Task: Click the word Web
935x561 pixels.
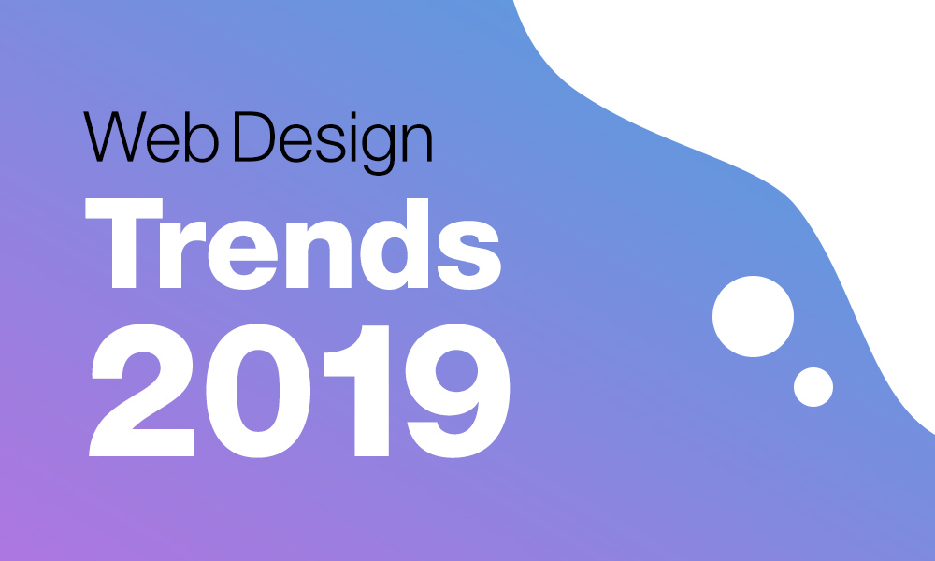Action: (151, 137)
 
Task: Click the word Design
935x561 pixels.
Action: (333, 143)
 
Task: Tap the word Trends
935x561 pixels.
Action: (293, 244)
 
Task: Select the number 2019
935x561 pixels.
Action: (299, 391)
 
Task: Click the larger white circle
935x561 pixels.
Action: (753, 317)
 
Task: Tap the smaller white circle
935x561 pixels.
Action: (813, 387)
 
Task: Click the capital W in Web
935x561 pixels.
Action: (114, 137)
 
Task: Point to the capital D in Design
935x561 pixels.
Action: (254, 137)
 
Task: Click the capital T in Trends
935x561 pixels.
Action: (124, 243)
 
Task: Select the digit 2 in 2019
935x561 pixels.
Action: (141, 391)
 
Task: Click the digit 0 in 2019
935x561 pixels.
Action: (258, 391)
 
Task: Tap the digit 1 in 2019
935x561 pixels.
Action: (356, 391)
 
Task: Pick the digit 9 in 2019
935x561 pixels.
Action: (457, 391)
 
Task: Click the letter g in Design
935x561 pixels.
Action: (378, 150)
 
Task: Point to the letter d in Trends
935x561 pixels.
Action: (395, 244)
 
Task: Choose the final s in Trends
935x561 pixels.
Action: (469, 255)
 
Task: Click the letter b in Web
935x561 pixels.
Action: (202, 137)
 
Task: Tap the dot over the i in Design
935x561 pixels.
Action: (353, 115)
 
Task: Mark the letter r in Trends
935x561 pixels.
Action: (182, 254)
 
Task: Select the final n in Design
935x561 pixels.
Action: (417, 142)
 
